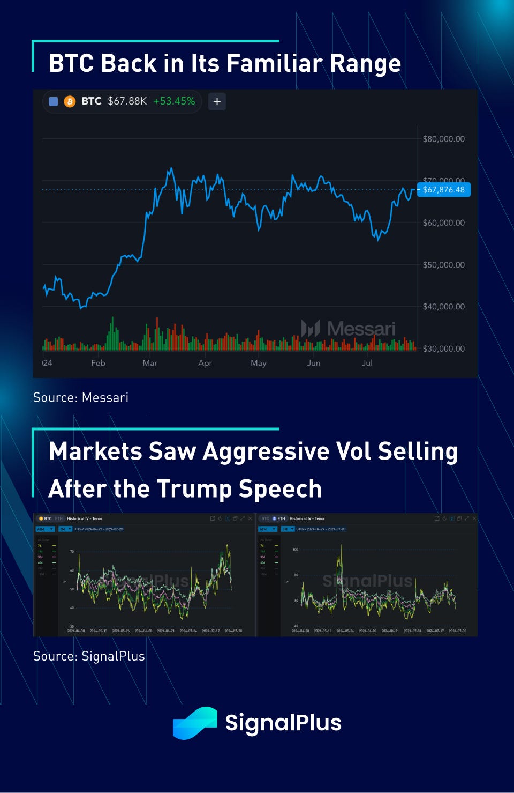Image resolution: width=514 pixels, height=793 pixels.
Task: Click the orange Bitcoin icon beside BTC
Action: (70, 101)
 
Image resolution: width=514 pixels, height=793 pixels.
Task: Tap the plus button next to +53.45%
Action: (217, 101)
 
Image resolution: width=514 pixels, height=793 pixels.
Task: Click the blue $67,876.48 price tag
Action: (443, 190)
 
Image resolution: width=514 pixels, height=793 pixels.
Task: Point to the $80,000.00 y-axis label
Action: (443, 139)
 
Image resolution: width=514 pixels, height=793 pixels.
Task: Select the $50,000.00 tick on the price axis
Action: (443, 265)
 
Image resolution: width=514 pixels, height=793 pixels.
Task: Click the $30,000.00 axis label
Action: (443, 349)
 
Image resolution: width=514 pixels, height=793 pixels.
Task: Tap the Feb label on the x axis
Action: (98, 363)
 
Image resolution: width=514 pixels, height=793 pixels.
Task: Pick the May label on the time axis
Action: (258, 363)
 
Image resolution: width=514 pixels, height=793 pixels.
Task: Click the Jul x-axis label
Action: (367, 363)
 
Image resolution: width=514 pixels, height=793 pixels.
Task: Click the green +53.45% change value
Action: (174, 101)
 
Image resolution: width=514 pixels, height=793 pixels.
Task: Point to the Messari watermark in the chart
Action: (349, 328)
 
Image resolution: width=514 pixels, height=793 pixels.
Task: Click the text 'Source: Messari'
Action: (81, 397)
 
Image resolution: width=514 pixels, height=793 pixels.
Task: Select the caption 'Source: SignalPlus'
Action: (89, 656)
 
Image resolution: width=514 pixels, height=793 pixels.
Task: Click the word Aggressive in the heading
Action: (265, 451)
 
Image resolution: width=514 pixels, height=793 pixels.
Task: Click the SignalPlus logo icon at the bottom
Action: (195, 723)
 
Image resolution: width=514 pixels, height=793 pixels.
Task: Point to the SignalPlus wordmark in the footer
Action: (283, 723)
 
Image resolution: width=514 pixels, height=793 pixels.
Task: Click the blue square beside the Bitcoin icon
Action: (54, 101)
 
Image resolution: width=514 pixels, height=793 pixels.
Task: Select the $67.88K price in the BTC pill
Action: (127, 101)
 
